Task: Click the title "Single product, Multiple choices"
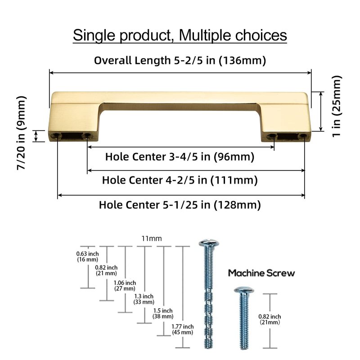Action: point(180,35)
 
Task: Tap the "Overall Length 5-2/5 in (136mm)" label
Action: point(180,60)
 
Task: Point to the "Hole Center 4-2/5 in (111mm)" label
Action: point(180,180)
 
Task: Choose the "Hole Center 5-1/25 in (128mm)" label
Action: point(180,205)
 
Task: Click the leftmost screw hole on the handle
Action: point(57,135)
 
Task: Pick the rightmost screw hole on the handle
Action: point(305,136)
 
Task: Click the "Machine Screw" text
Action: point(261,273)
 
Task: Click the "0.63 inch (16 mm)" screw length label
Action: point(87,256)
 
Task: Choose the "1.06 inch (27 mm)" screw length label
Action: point(125,285)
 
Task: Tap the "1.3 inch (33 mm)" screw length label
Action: point(144,299)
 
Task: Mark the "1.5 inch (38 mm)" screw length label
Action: point(164,313)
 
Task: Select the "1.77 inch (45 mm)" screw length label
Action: point(183,329)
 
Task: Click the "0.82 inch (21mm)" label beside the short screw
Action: point(270,319)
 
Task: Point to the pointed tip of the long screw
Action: point(209,348)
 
